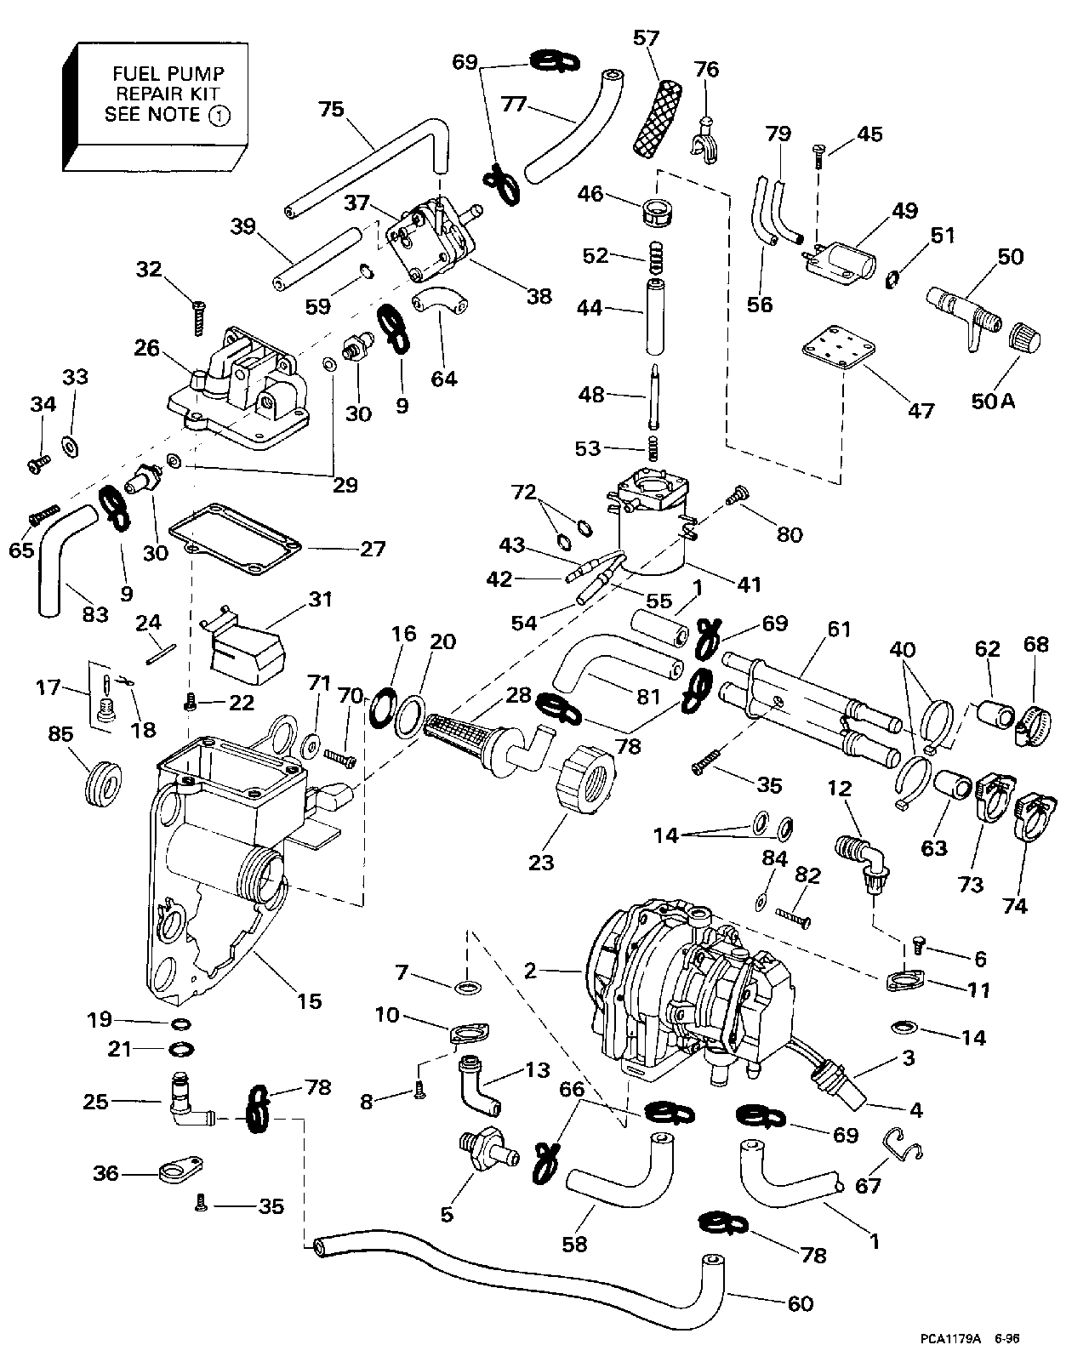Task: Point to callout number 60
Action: pos(801,1302)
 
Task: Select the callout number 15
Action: pos(309,1000)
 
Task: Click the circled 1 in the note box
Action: pos(219,116)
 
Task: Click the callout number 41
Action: pos(750,584)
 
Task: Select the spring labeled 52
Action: pos(656,255)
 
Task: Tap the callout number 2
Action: pos(531,969)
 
